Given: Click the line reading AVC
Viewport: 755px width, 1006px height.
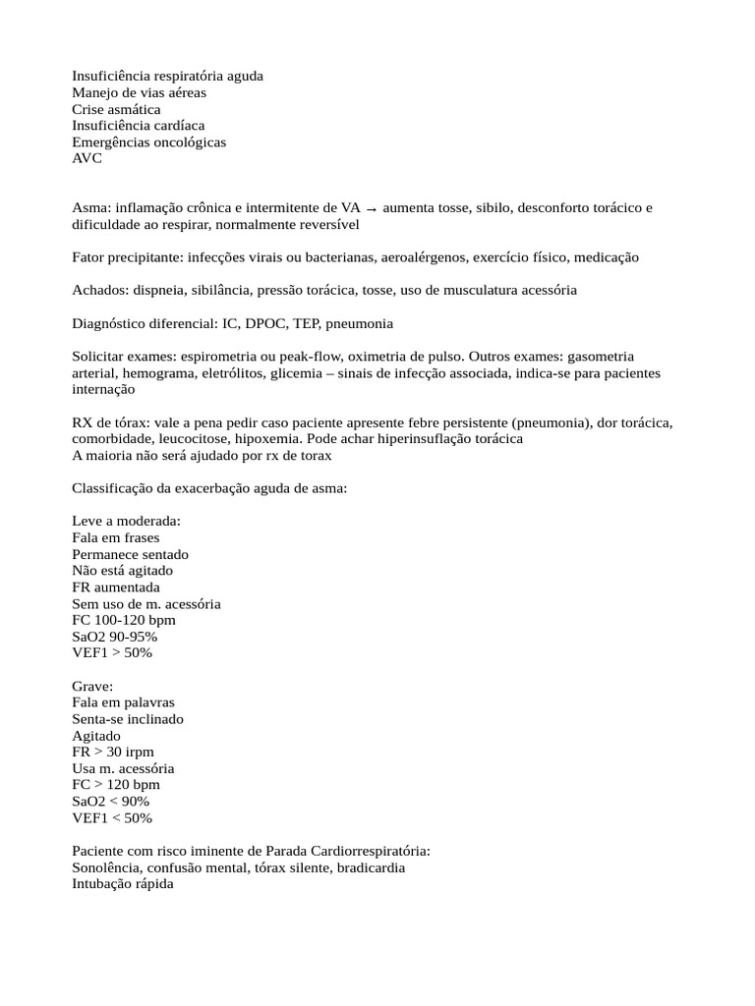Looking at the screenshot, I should tap(87, 158).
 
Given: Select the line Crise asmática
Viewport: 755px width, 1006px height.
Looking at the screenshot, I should tap(116, 109).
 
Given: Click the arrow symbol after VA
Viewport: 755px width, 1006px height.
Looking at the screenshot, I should tap(371, 208).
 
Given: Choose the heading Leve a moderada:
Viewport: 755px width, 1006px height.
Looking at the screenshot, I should tap(126, 522).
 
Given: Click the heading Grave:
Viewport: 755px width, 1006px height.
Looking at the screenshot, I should tap(92, 686).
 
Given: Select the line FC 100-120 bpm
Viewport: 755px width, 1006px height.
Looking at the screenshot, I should tap(124, 620).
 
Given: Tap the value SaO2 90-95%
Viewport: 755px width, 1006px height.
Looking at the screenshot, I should tap(114, 637).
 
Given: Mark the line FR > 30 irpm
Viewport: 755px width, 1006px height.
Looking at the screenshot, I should tap(112, 752).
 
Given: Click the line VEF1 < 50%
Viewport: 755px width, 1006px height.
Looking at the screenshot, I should tap(112, 817).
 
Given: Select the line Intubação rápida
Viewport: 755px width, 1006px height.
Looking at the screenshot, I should tap(123, 884).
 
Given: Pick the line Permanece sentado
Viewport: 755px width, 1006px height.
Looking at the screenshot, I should tap(130, 554).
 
